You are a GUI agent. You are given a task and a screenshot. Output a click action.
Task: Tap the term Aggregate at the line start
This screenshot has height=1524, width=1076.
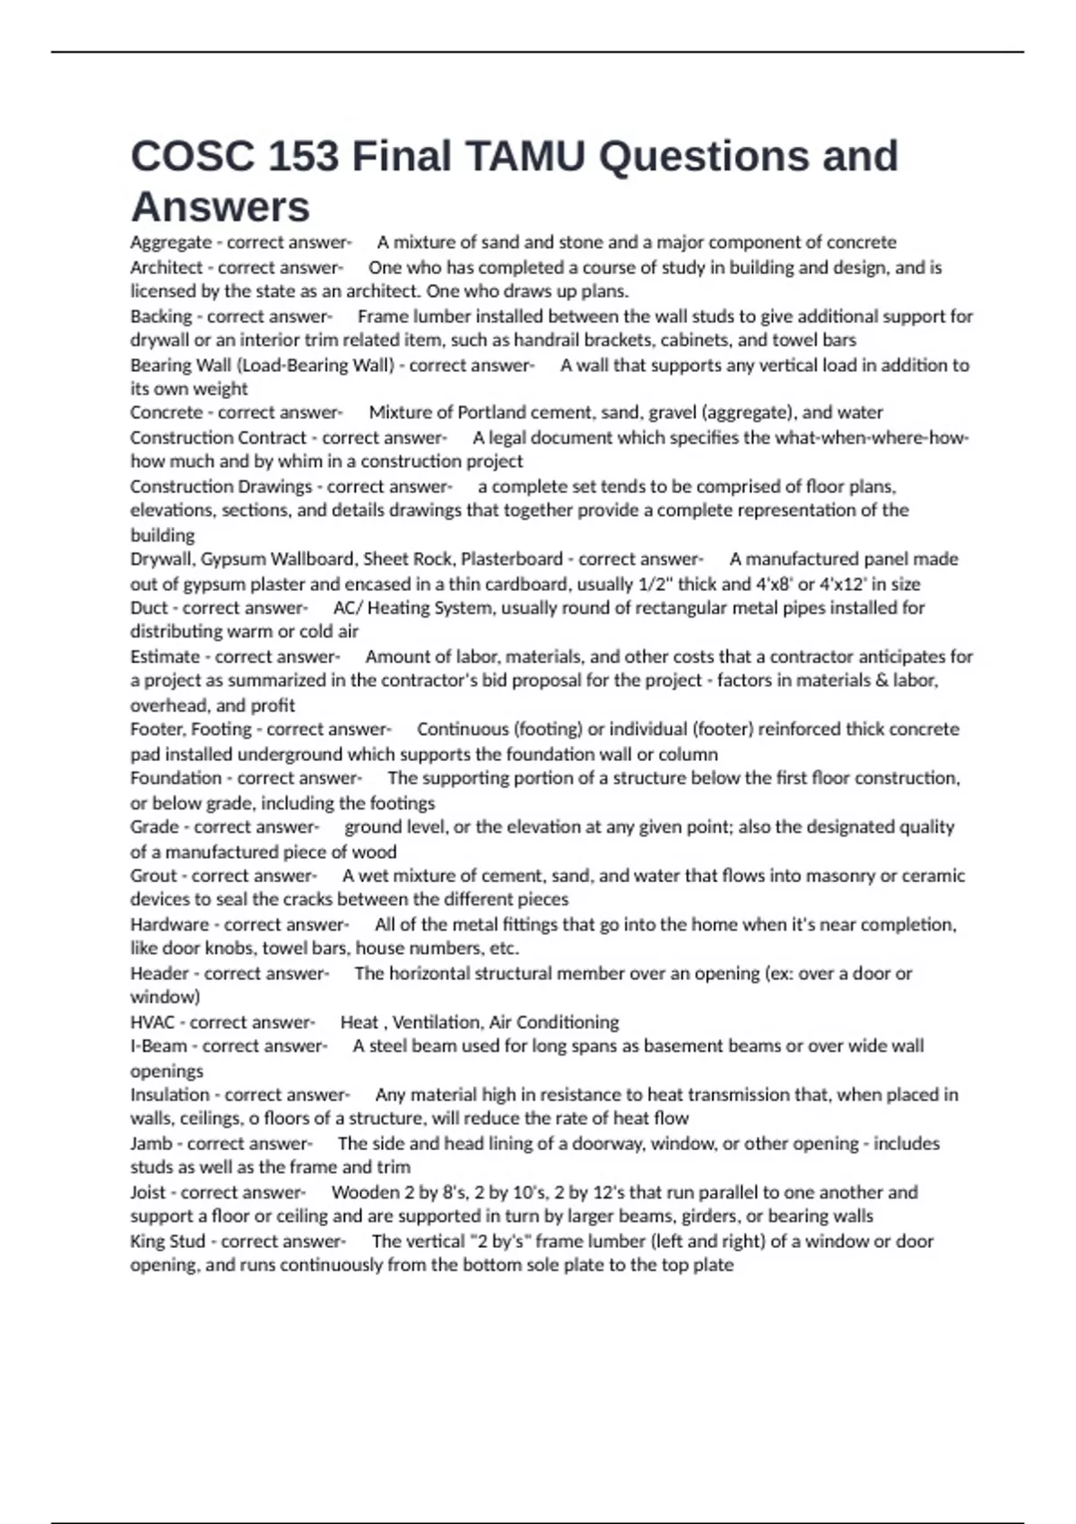coord(170,242)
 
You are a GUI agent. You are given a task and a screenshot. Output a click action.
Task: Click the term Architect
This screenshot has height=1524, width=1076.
coord(166,267)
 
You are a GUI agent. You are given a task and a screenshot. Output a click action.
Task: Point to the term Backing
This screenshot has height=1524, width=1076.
coord(161,316)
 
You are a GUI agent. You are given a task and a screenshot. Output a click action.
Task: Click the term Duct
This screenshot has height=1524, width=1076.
coord(149,608)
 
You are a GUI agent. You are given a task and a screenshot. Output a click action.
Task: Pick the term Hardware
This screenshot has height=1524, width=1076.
coord(169,924)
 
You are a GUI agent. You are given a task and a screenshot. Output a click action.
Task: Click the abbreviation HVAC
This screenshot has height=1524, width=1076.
coord(152,1022)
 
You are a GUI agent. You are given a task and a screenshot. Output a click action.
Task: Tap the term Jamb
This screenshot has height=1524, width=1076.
coord(152,1144)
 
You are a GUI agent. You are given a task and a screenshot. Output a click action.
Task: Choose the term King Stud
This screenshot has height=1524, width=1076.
coord(168,1242)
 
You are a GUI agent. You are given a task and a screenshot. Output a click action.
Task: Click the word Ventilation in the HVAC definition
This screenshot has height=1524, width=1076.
coord(437,1022)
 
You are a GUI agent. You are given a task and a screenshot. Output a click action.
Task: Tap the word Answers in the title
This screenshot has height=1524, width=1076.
coord(221,207)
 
